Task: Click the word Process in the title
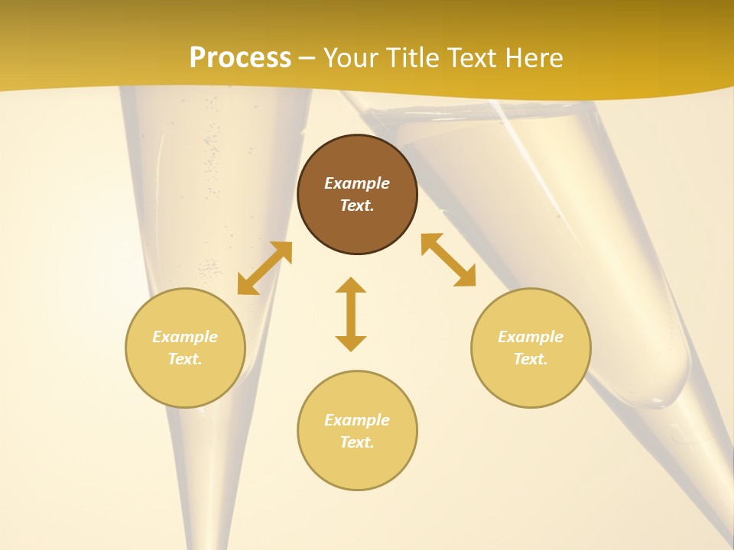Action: coord(240,58)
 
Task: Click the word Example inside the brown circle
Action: coord(357,183)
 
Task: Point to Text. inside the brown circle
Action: coord(357,205)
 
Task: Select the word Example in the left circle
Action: coord(185,337)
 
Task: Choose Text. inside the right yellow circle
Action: coord(531,359)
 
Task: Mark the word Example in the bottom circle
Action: coord(357,420)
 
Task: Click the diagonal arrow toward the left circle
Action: coord(265,268)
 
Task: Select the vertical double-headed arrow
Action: coord(351,314)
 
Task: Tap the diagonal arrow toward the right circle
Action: coord(449,260)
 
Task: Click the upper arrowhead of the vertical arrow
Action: coord(351,285)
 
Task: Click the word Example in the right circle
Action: coord(531,337)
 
